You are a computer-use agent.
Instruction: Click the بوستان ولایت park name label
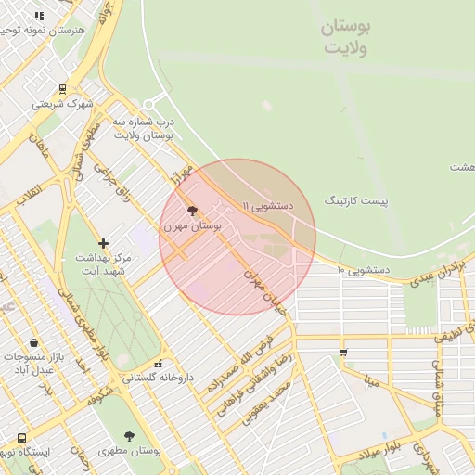click(344, 37)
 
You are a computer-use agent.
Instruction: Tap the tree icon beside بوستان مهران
click(192, 212)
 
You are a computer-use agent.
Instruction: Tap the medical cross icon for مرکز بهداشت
click(103, 243)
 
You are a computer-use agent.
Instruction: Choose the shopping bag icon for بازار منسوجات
click(34, 343)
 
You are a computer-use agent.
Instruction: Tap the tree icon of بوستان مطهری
click(129, 436)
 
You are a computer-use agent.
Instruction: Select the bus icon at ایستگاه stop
click(21, 438)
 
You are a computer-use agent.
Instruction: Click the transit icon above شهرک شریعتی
click(62, 90)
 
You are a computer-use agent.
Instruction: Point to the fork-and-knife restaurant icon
click(39, 16)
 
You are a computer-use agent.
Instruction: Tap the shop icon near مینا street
click(343, 353)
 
